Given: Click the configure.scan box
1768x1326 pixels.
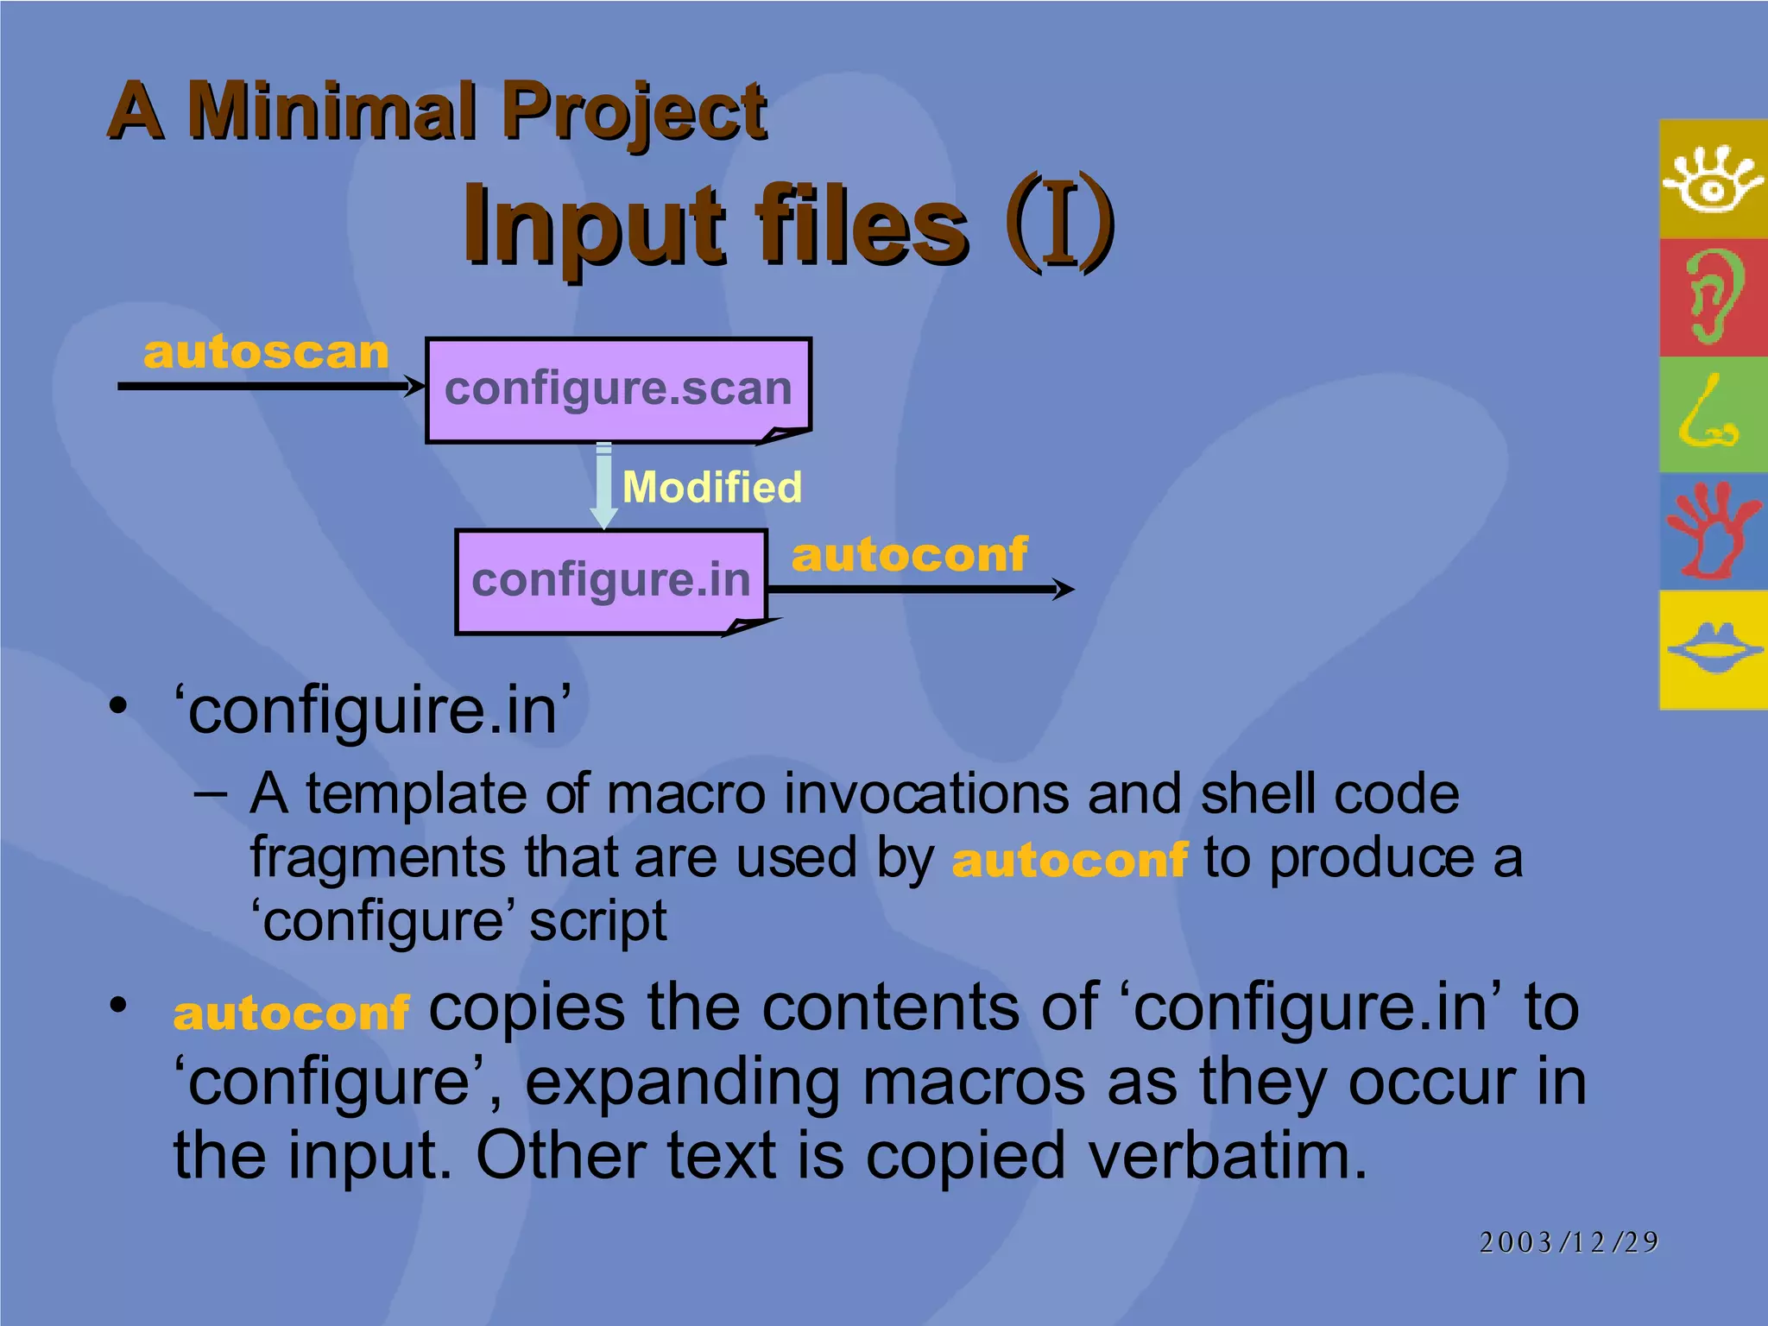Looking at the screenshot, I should tap(618, 389).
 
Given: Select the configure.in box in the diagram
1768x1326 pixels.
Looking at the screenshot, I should tap(611, 580).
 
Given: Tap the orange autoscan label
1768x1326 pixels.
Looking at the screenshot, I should tap(266, 353).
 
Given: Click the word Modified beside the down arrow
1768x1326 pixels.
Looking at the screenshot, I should tap(711, 487).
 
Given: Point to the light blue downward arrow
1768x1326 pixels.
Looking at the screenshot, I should tap(603, 485).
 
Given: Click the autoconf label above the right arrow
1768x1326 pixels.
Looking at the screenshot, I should tap(909, 554).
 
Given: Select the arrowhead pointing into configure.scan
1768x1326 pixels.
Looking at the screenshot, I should tap(415, 386).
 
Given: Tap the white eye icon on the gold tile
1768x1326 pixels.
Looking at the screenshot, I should tap(1712, 179).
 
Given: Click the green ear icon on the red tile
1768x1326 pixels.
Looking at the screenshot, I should tap(1713, 297).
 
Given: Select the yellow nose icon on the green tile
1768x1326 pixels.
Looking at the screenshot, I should tap(1708, 414).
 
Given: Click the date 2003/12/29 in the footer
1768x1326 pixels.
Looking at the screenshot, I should tap(1568, 1242).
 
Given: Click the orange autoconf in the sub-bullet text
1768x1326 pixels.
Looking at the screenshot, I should tap(1070, 861).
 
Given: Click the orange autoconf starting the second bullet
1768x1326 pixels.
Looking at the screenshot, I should tap(291, 1013).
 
